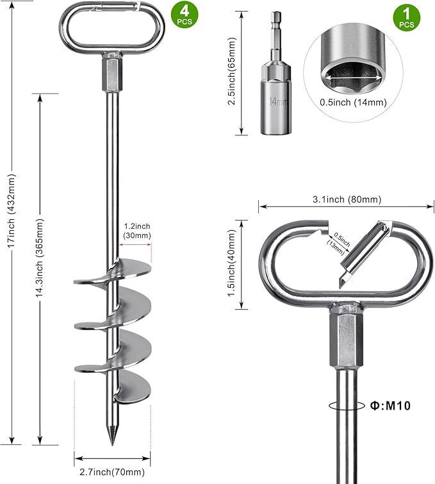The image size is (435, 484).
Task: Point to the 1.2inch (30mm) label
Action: (137, 231)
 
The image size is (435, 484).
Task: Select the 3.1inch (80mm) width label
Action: (347, 199)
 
